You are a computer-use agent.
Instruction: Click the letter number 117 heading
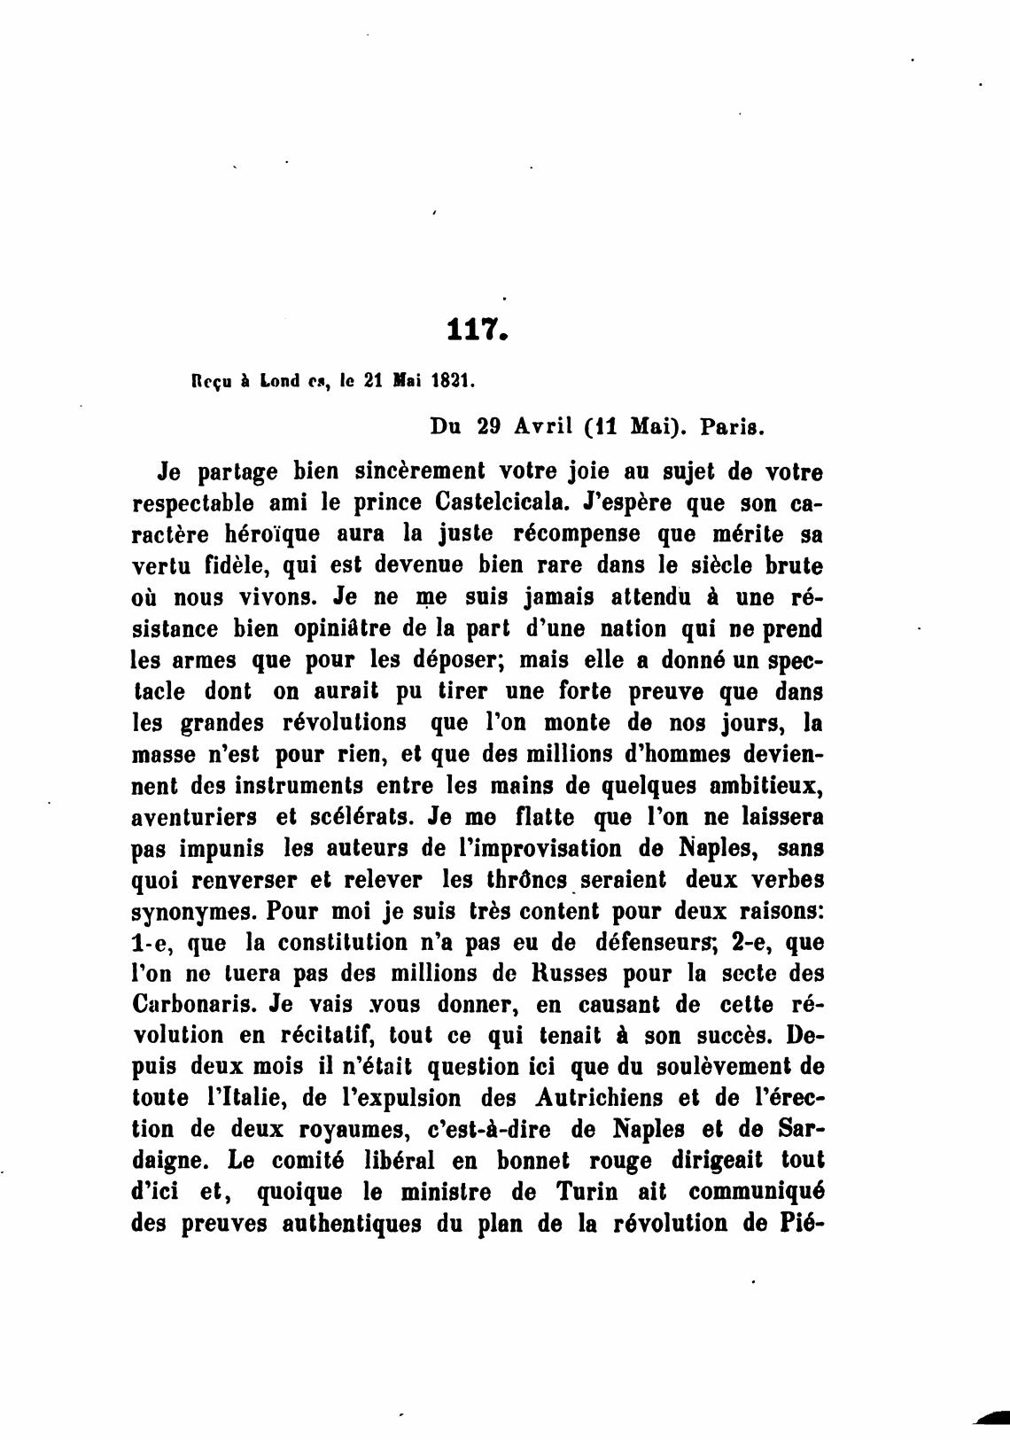tap(477, 331)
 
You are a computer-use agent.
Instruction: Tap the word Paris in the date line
tap(731, 426)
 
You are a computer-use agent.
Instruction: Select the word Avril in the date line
tap(542, 426)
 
